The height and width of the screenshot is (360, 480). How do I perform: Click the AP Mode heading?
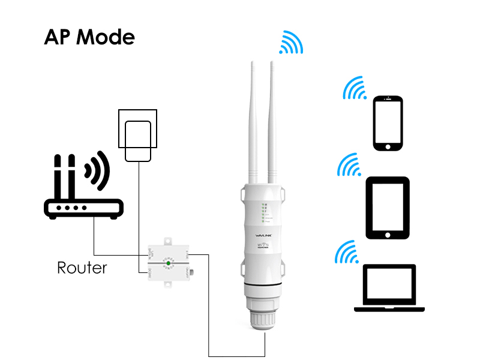tap(89, 37)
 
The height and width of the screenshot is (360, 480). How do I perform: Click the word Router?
tap(82, 267)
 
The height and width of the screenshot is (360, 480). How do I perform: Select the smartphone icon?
tap(387, 123)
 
